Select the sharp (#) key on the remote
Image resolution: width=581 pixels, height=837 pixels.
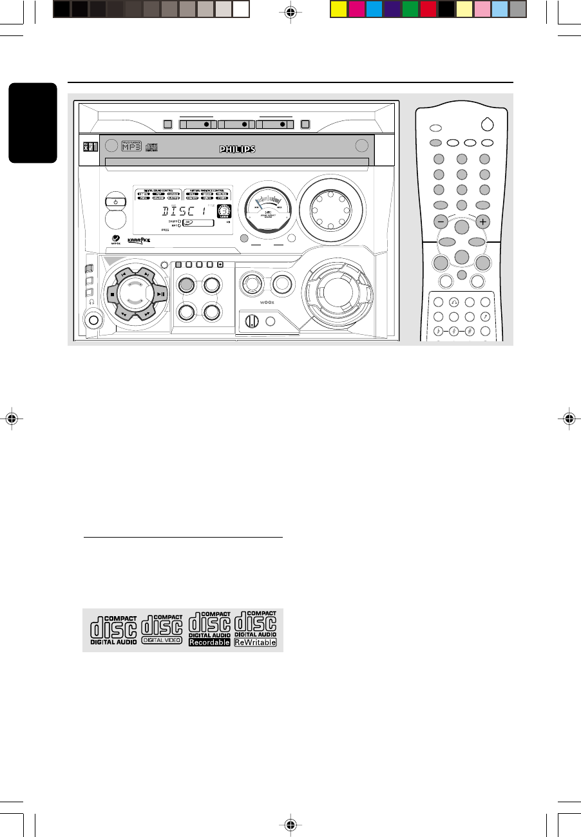(470, 332)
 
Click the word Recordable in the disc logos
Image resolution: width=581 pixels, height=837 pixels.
(209, 643)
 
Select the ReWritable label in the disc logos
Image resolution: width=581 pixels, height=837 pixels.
(255, 643)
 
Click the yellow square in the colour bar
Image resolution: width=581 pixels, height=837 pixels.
(338, 9)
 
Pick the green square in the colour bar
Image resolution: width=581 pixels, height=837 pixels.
(410, 9)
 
